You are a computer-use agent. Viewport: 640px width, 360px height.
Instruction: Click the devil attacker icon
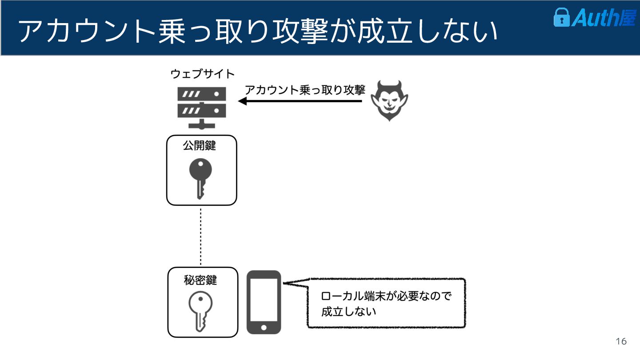(x=389, y=100)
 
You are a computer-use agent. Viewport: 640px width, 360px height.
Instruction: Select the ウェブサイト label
(x=203, y=74)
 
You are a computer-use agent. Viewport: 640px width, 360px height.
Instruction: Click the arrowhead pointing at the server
(x=243, y=101)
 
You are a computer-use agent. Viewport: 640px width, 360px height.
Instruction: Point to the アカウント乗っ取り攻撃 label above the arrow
(x=305, y=90)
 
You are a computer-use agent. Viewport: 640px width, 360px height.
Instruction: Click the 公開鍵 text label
(x=200, y=145)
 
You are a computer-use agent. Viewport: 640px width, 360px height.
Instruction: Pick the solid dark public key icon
(x=200, y=178)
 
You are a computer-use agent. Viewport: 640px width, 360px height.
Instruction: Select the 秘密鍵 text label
(x=200, y=280)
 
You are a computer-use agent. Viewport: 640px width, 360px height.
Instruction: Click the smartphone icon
(x=264, y=302)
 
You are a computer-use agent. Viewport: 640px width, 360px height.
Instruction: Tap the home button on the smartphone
(x=264, y=328)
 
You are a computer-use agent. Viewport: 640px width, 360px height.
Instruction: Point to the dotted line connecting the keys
(x=201, y=236)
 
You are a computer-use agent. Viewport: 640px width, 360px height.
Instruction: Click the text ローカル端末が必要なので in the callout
(x=386, y=296)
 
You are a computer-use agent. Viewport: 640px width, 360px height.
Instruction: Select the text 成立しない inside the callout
(x=348, y=311)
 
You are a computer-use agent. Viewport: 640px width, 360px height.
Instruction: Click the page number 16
(x=621, y=341)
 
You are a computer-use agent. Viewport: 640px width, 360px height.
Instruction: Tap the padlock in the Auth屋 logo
(x=561, y=18)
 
